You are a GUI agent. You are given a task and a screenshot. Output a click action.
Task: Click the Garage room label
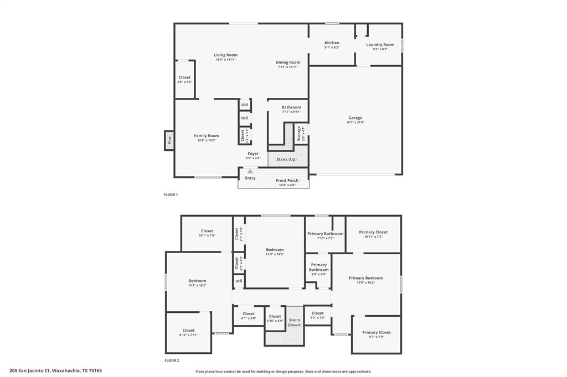coord(355,118)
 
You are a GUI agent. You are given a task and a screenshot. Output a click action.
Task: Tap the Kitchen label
coord(332,43)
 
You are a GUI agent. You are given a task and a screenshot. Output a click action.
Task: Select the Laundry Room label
coord(380,45)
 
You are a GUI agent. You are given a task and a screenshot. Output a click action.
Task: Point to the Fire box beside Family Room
coord(169,140)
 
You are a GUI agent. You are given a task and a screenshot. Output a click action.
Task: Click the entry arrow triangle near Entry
coord(250,171)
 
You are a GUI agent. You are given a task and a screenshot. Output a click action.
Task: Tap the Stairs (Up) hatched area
coord(286,159)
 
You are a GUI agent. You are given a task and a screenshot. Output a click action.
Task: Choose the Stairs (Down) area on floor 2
coord(295,322)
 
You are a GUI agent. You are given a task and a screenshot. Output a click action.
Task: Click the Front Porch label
coord(287,181)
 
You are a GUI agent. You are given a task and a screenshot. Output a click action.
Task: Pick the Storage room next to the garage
coord(300,134)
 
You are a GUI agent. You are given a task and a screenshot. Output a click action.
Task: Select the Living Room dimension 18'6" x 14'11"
coord(226,60)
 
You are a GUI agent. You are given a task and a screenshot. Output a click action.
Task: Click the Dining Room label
coord(288,62)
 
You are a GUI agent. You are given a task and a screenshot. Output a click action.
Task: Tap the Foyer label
coord(253,154)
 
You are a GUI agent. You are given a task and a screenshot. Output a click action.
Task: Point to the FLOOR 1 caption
coord(171,195)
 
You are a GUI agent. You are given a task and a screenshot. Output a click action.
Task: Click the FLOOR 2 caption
coord(172,360)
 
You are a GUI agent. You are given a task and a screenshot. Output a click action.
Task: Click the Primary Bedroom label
coord(365,278)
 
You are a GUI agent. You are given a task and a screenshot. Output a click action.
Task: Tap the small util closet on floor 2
coord(239,281)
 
